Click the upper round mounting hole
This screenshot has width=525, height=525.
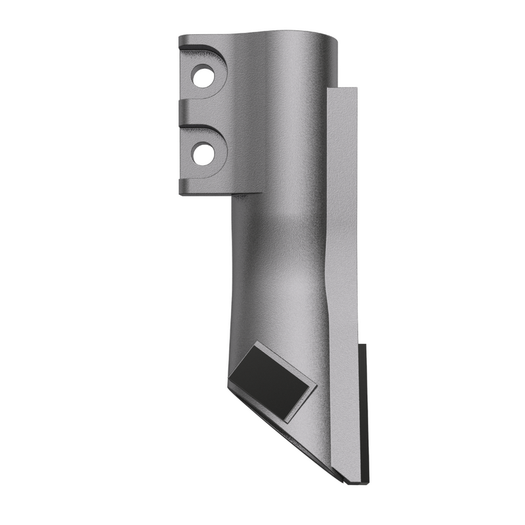[203, 76]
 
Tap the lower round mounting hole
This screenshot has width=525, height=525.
[203, 154]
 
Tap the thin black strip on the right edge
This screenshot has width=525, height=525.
[363, 413]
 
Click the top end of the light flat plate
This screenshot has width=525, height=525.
[342, 91]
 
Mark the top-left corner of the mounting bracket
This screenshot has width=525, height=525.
[180, 37]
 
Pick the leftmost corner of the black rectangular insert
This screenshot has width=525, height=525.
[230, 381]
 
